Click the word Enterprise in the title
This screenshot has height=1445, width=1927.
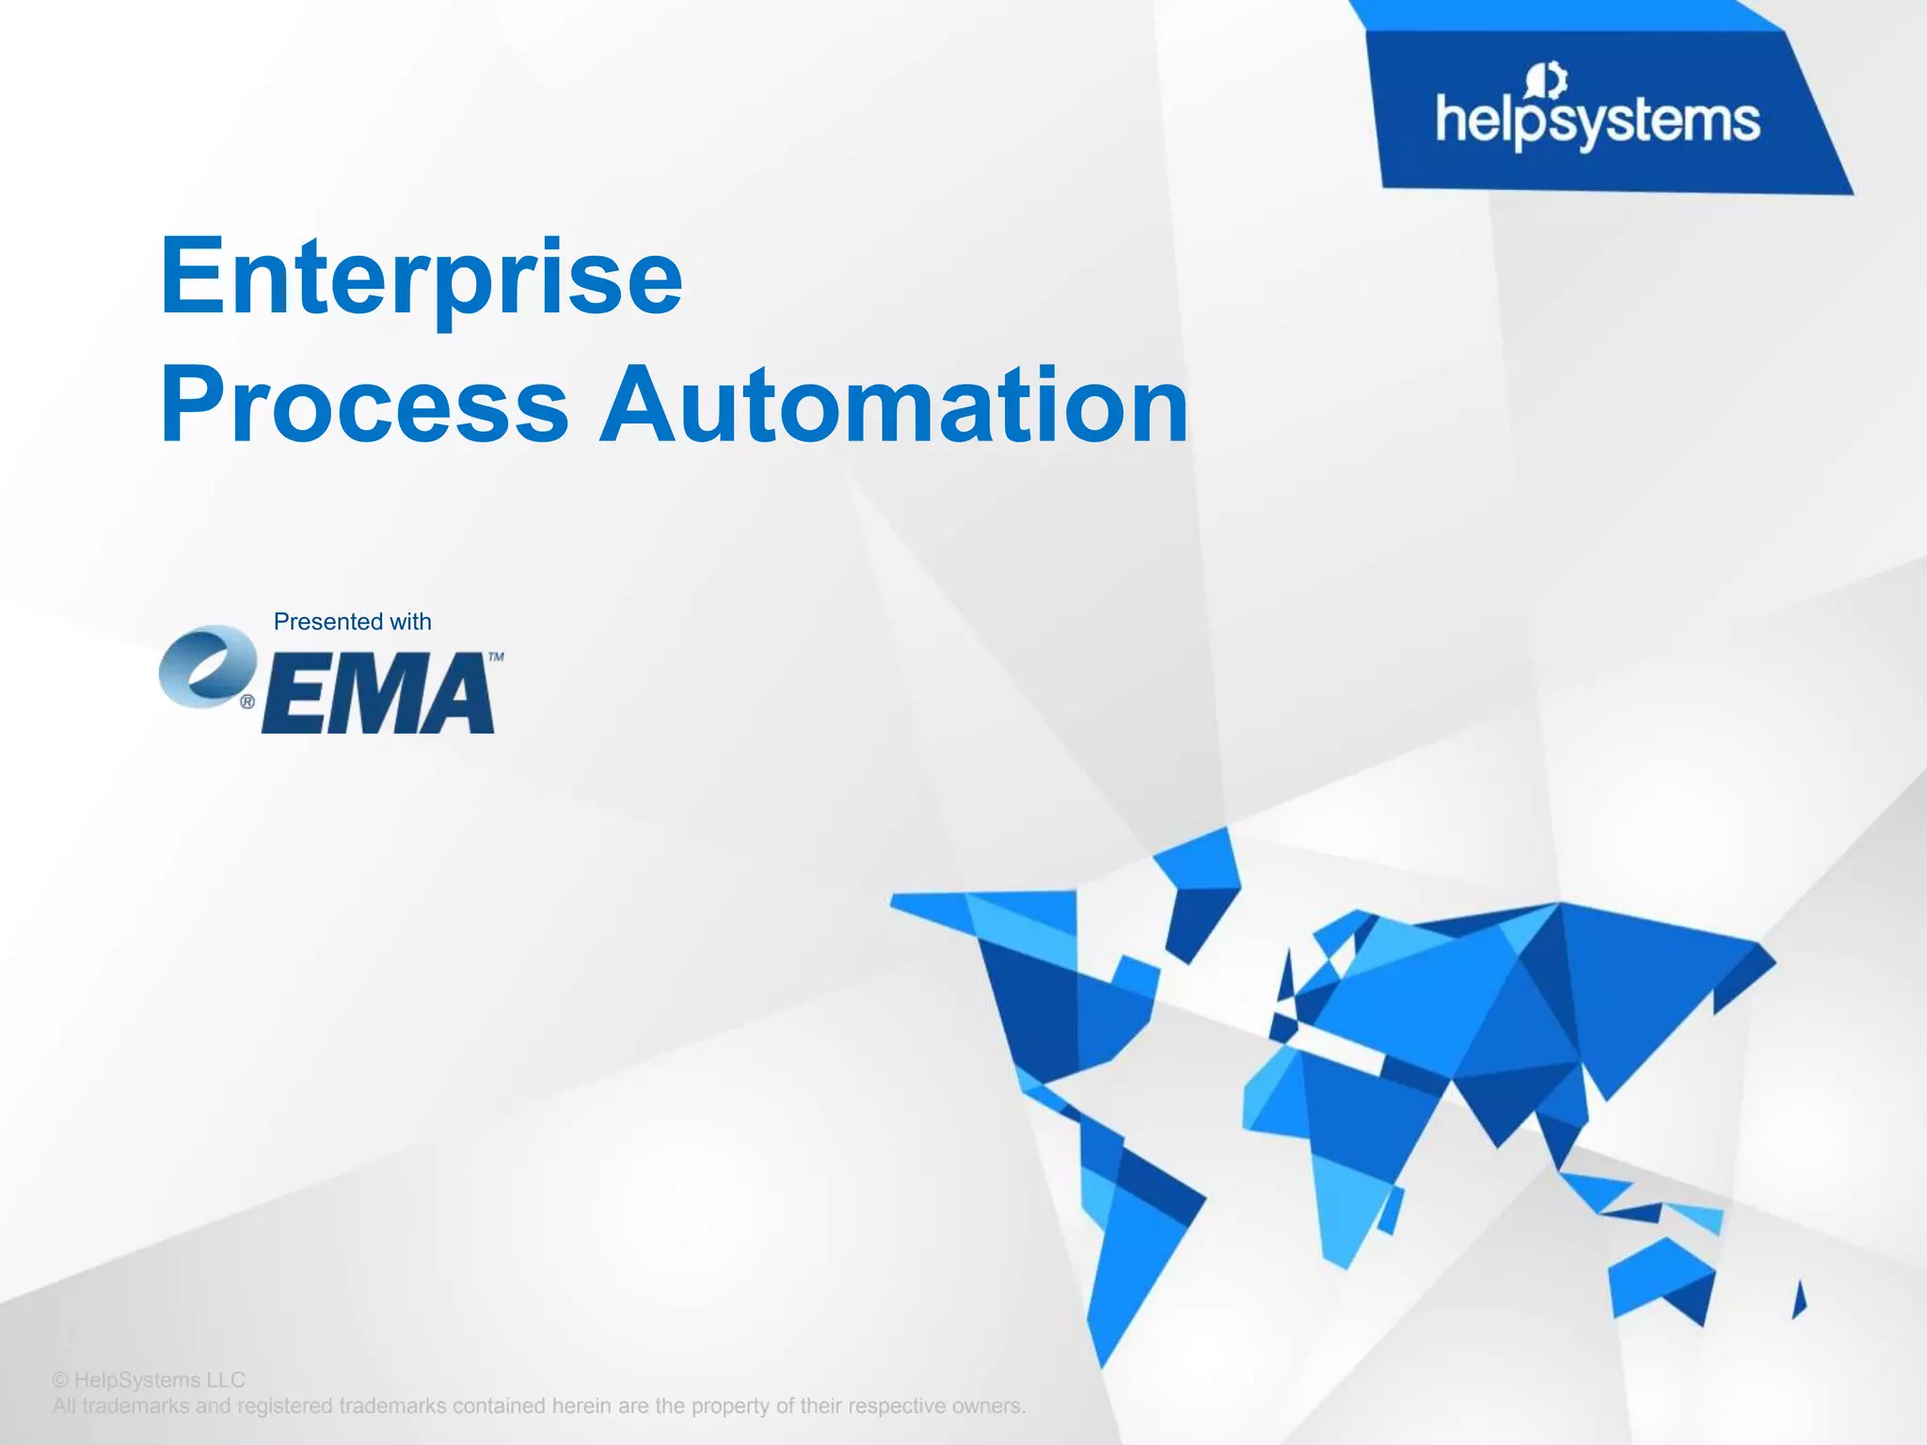coord(421,278)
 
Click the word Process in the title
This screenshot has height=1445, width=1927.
coord(364,406)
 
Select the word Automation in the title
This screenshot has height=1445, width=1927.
coord(894,406)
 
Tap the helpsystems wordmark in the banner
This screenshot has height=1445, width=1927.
coord(1597,122)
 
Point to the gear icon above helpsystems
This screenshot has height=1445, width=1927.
coord(1547,80)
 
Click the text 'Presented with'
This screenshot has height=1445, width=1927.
coord(352,622)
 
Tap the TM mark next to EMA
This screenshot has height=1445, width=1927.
coord(496,657)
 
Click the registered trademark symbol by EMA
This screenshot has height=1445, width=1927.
coord(247,702)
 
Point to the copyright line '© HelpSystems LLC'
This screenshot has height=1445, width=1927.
coord(149,1380)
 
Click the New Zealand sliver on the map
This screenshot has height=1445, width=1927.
coord(1799,1300)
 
